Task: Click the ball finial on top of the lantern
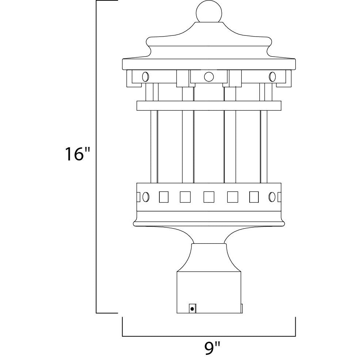click(x=209, y=12)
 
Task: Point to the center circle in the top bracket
click(x=209, y=77)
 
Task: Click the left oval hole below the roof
click(x=145, y=77)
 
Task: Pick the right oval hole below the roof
click(x=272, y=77)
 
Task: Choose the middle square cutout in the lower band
click(x=209, y=197)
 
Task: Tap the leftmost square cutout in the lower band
click(x=164, y=197)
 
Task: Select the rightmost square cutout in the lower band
click(x=254, y=197)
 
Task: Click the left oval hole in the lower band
click(x=145, y=197)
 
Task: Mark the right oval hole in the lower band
click(x=272, y=197)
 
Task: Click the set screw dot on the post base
click(x=192, y=309)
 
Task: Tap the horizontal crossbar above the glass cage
click(x=209, y=105)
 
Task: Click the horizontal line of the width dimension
click(x=209, y=336)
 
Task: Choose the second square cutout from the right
click(x=232, y=197)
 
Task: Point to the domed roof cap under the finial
click(x=209, y=40)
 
